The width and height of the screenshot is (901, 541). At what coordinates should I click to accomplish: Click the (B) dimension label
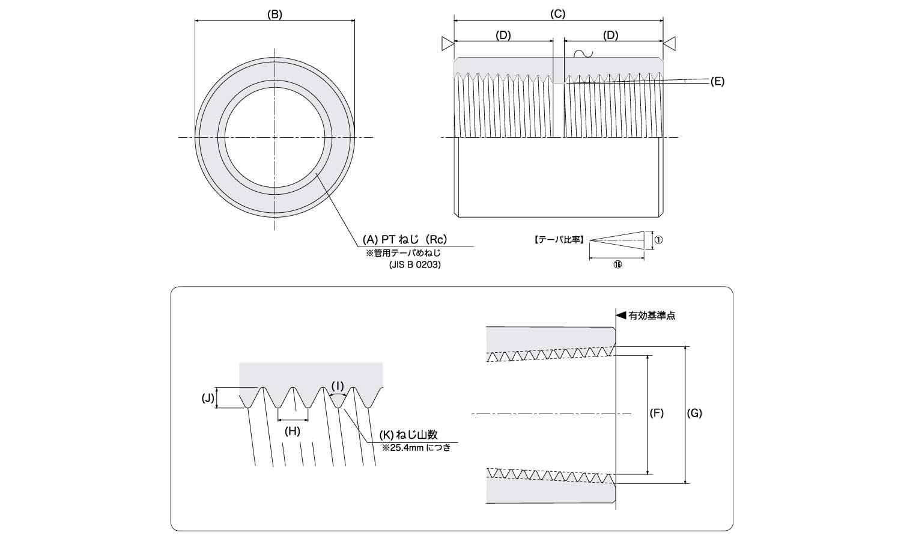(275, 14)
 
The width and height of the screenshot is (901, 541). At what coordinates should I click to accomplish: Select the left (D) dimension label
(503, 35)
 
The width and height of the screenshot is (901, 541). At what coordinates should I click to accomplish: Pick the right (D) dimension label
(610, 35)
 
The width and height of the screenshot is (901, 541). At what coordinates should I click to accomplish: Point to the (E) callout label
(717, 81)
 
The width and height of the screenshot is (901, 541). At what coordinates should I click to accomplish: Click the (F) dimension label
(657, 414)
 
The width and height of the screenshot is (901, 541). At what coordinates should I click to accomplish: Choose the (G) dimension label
(694, 414)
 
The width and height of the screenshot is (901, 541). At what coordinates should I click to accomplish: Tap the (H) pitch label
(292, 431)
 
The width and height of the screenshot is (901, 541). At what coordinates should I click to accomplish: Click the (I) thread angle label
(338, 385)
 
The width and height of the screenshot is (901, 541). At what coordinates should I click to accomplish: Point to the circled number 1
(658, 240)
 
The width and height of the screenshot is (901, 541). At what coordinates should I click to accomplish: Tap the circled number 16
(617, 265)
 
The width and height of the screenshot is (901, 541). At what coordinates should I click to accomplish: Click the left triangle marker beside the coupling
(447, 43)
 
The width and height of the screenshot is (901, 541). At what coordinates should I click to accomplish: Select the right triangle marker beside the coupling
(670, 43)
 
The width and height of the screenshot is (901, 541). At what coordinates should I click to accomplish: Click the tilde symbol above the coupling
(583, 53)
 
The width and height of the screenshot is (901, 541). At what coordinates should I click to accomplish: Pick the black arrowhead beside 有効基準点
(622, 315)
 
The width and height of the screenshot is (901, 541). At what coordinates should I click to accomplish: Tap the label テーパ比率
(559, 240)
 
